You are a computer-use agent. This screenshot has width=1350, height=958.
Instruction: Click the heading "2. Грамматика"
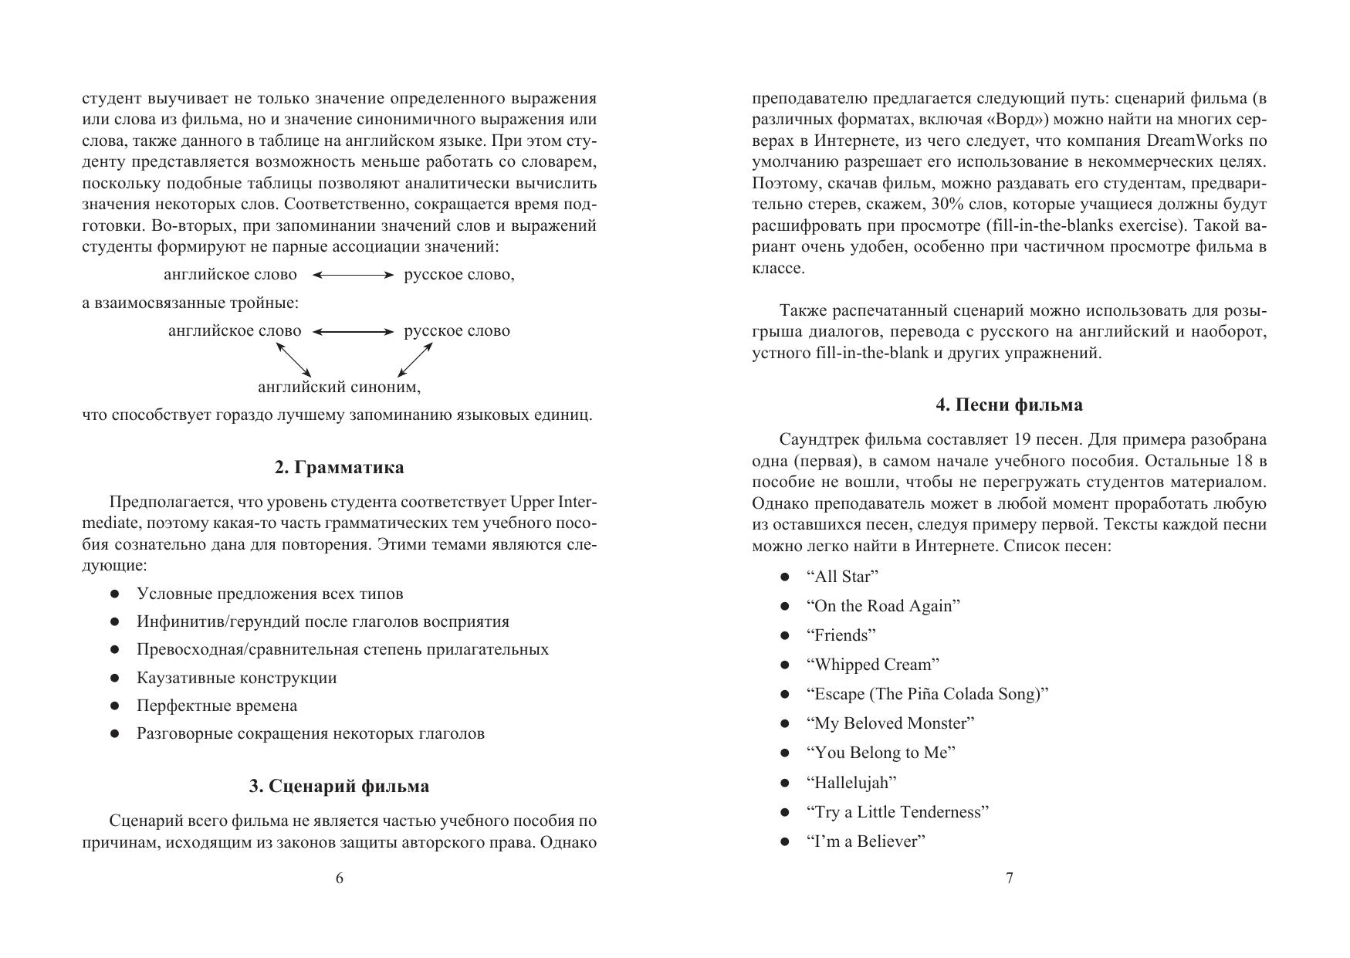click(x=339, y=468)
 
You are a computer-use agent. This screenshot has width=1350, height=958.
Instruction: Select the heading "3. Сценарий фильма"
click(x=339, y=787)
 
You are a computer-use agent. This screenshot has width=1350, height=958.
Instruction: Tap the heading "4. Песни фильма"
click(x=1009, y=405)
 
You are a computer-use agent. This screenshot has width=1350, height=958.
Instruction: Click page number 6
click(x=340, y=878)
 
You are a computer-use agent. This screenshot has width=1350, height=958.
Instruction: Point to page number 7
click(x=1010, y=878)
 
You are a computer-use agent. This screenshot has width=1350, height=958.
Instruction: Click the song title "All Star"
click(x=842, y=577)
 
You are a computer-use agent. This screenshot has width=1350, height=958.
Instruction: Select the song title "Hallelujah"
click(x=851, y=783)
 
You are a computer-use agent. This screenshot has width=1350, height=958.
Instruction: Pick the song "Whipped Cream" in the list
click(x=872, y=665)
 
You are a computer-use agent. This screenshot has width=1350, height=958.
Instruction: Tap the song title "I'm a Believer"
click(x=865, y=841)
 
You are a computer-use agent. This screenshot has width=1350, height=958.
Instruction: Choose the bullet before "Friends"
click(x=785, y=635)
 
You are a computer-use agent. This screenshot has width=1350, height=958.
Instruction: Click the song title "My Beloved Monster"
click(x=890, y=723)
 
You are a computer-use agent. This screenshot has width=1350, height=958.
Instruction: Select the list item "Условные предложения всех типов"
click(x=269, y=594)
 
